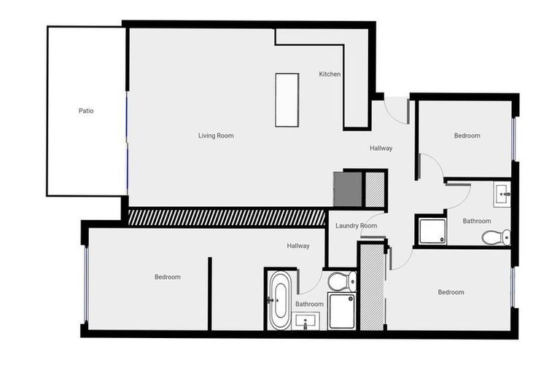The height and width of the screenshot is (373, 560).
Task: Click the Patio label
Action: coord(86,111)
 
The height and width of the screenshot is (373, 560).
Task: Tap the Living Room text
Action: coord(216,136)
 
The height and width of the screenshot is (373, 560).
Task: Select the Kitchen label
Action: coord(330,74)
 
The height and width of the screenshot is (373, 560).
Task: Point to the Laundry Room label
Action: coord(356,226)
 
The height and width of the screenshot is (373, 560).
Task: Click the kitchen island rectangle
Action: coord(287,100)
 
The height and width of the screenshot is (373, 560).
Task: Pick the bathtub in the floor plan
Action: coord(279,299)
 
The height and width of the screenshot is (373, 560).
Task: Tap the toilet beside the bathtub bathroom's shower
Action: coord(341,280)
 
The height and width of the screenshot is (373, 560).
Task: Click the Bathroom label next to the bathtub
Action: coord(309,304)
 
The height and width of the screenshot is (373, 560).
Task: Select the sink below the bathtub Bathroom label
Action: coord(306,321)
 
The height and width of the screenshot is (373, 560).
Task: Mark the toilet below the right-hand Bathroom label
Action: coord(497,237)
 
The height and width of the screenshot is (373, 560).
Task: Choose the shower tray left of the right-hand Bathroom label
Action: coord(431,230)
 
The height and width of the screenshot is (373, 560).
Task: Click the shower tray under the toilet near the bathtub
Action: coord(341,311)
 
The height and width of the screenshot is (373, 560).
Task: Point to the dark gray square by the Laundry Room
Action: coord(348,189)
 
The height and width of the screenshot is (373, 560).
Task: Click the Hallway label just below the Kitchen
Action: coord(381,149)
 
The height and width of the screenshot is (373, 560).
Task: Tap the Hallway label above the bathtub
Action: coord(297,246)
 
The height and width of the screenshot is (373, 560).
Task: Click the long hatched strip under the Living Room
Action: coord(226,216)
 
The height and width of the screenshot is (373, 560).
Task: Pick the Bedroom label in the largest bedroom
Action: coord(167,277)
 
